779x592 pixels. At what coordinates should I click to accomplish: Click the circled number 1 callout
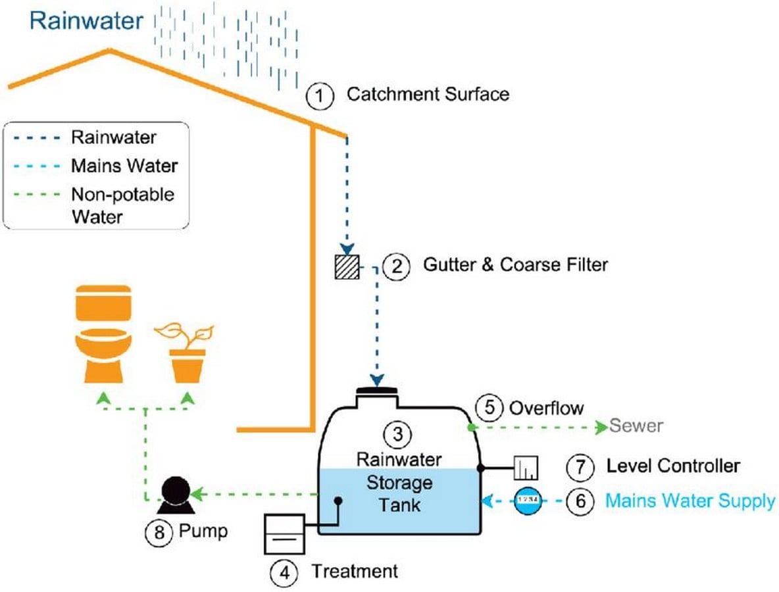tap(319, 96)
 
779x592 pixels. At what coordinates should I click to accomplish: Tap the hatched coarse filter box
tap(347, 266)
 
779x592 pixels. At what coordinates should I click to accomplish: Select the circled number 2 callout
tap(397, 266)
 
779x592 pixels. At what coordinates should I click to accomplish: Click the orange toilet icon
tap(103, 333)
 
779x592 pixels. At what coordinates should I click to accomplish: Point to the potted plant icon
tap(186, 353)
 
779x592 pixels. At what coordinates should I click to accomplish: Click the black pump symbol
tap(176, 495)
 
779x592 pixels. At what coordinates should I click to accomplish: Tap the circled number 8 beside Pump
tap(159, 533)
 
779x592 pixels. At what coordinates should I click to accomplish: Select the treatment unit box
tap(284, 534)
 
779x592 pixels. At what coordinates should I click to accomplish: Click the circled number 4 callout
tap(284, 573)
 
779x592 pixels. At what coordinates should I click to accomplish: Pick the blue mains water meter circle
tap(528, 501)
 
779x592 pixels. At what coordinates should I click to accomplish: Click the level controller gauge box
tap(526, 467)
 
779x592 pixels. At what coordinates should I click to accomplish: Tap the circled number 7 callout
tap(580, 467)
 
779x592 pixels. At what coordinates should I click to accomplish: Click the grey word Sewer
tap(636, 426)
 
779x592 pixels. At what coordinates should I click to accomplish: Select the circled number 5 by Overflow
tap(490, 408)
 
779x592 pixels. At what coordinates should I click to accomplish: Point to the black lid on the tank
tap(377, 391)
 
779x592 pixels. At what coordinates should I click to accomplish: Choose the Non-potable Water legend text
tap(123, 205)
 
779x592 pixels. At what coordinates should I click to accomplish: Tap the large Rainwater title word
tap(86, 21)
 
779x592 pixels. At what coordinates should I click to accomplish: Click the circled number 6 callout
tap(580, 501)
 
